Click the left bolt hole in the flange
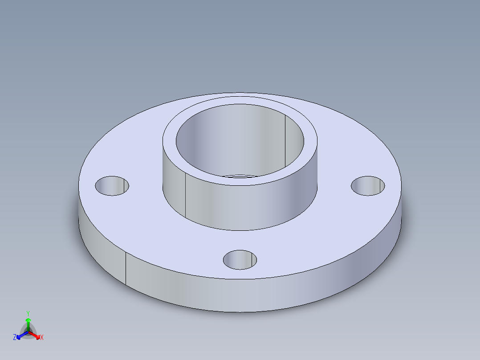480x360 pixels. [x=112, y=186]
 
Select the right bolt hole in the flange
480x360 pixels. [x=368, y=185]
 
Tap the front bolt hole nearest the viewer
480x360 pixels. [x=240, y=259]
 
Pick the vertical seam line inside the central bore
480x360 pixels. [x=285, y=140]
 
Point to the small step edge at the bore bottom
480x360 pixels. [x=240, y=176]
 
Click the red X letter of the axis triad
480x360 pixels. [x=42, y=338]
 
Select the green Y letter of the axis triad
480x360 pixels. [x=28, y=313]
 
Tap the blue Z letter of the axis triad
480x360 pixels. [x=15, y=338]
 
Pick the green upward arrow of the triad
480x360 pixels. [x=28, y=322]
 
